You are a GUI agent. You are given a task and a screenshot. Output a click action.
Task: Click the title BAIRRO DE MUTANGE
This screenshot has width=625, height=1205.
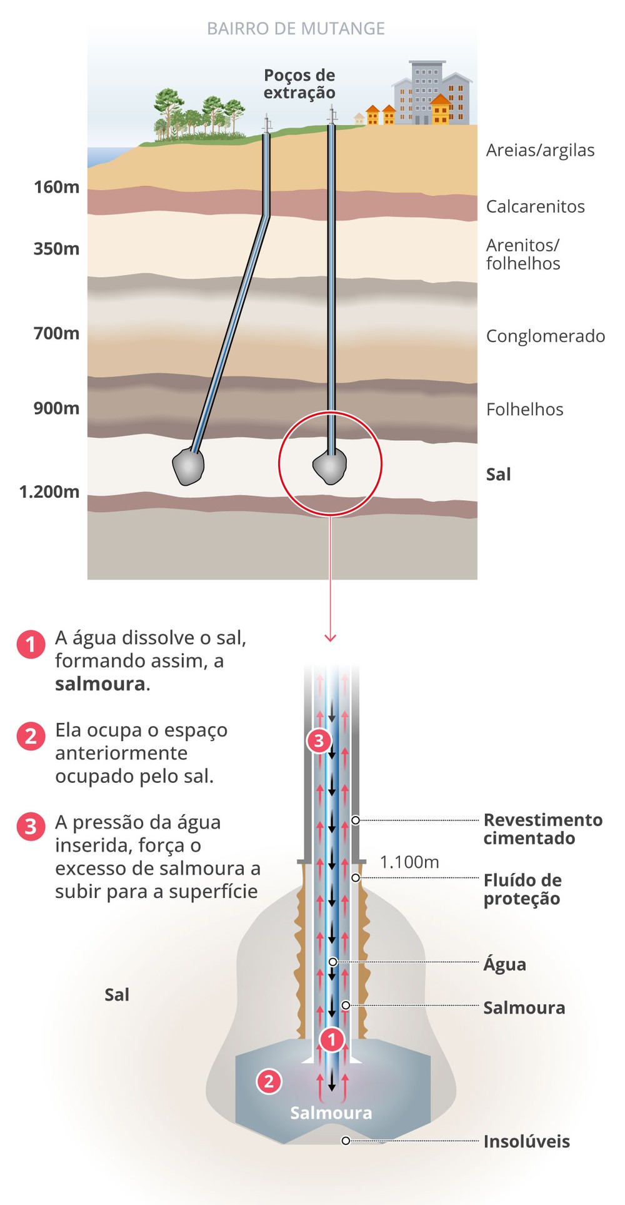point(296,29)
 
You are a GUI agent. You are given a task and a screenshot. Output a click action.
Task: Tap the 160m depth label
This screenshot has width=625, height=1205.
point(56,187)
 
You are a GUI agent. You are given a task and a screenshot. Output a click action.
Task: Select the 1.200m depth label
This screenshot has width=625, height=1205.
point(49,492)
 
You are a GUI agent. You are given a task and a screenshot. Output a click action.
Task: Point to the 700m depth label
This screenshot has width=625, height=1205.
point(56,333)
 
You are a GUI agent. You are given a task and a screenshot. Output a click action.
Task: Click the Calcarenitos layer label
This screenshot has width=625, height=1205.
point(536,207)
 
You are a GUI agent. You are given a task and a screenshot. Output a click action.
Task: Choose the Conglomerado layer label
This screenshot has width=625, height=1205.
point(546,336)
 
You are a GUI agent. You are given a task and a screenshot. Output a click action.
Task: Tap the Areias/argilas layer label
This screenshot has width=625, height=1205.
point(541,151)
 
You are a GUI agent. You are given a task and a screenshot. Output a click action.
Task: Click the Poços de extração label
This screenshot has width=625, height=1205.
point(299,84)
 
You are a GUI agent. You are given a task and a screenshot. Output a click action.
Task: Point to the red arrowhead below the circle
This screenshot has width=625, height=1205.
point(331,637)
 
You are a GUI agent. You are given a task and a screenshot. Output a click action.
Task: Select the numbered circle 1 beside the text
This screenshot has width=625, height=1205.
point(31,644)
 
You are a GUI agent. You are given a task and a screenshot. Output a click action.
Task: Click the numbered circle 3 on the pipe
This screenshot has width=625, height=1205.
point(319,741)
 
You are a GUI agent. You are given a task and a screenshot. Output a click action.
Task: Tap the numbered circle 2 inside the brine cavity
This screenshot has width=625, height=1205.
point(269,1081)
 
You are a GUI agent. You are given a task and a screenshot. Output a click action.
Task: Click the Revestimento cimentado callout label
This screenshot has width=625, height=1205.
point(542,829)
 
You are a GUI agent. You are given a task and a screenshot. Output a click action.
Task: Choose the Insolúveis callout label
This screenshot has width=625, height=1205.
point(526,1141)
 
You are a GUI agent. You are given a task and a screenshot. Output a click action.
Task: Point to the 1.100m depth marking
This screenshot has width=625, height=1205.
point(409,862)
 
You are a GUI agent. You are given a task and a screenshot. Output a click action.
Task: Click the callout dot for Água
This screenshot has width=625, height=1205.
point(333,962)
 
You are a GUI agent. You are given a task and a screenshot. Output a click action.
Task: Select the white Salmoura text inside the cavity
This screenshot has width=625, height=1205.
point(331,1112)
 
